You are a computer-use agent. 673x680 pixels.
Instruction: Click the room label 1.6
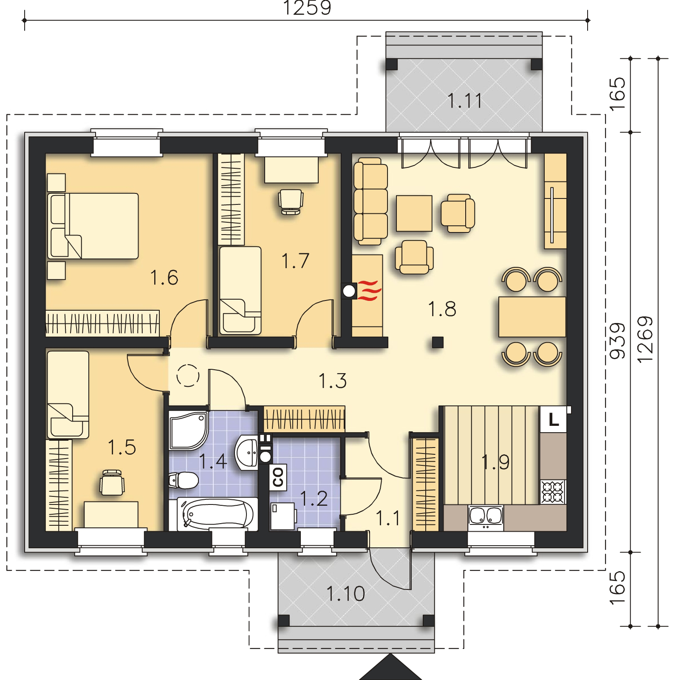(164, 278)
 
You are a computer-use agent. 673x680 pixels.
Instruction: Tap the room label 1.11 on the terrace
(465, 101)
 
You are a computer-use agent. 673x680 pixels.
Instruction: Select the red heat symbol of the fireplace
(369, 291)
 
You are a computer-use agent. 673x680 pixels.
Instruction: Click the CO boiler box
(278, 476)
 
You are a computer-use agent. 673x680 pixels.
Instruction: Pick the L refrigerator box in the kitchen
(553, 420)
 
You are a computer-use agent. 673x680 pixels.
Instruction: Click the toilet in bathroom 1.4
(184, 481)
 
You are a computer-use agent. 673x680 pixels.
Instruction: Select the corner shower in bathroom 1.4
(189, 430)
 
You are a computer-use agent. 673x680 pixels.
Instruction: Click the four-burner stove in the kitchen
(553, 492)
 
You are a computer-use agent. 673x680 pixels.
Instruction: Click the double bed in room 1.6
(93, 226)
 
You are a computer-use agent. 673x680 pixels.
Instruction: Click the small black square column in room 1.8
(438, 342)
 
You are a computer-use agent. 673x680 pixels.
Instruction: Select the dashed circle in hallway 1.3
(188, 376)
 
